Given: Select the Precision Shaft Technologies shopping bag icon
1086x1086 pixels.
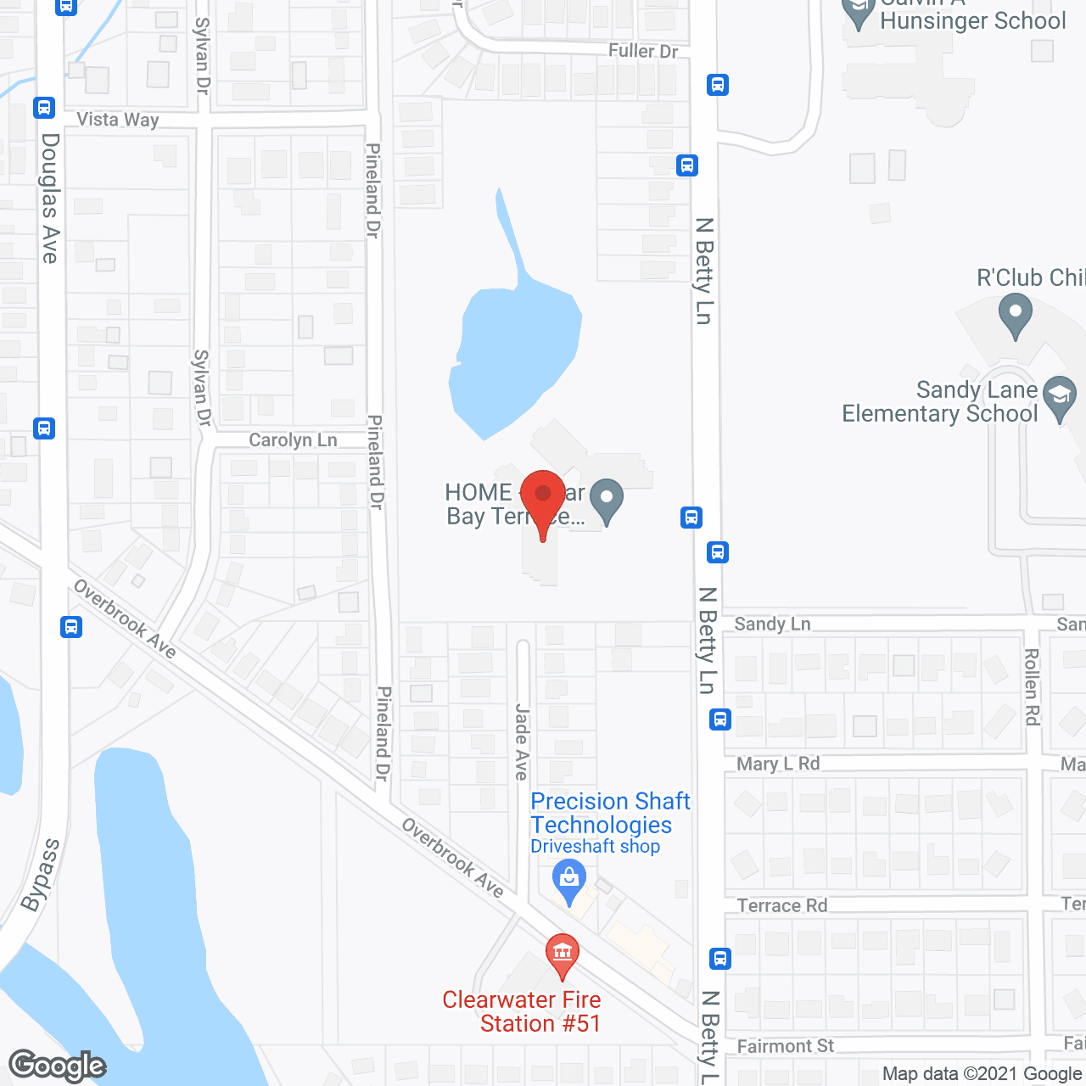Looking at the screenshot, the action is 569,880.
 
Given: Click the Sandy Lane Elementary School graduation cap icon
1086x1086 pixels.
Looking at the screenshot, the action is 1059,397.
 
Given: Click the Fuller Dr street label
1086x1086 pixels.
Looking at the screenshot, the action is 643,51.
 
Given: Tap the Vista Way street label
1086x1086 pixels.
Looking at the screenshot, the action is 118,120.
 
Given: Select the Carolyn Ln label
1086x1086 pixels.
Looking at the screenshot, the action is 293,440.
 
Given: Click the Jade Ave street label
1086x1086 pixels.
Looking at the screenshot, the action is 522,742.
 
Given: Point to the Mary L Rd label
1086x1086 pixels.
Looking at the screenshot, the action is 778,764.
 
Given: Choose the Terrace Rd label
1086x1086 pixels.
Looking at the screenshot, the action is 782,905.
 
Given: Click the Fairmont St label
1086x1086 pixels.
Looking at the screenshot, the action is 785,1046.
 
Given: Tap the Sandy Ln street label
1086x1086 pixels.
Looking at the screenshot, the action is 772,624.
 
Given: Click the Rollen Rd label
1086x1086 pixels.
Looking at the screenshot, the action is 1032,687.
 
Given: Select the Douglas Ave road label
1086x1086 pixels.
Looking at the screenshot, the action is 51,198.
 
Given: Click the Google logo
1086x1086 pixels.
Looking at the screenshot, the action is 58,1066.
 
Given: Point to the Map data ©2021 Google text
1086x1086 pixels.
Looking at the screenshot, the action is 982,1074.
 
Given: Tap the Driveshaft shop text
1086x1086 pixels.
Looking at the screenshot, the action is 595,847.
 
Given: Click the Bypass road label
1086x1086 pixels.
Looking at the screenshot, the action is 40,875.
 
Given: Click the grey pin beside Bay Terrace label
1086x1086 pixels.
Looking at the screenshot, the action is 606,500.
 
